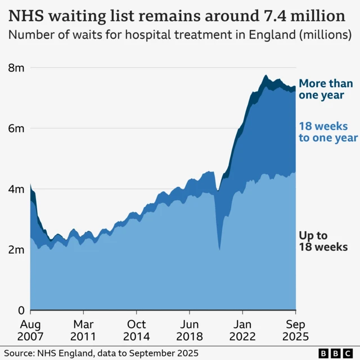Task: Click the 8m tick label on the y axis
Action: point(16,68)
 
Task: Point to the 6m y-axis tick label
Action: point(16,129)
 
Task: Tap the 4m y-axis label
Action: point(16,190)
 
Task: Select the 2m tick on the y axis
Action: point(16,250)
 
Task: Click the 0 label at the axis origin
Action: point(21,310)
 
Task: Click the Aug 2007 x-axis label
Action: point(30,330)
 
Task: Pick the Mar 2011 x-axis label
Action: point(83,330)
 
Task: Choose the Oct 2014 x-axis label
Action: point(136,330)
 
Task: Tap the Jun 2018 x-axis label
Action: point(190,330)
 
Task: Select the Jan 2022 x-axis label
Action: point(242,330)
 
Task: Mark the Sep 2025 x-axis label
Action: point(295,330)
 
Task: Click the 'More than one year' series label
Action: point(326,89)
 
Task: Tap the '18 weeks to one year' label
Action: point(328,132)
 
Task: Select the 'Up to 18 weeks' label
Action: point(323,241)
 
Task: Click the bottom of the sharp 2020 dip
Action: point(219,249)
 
